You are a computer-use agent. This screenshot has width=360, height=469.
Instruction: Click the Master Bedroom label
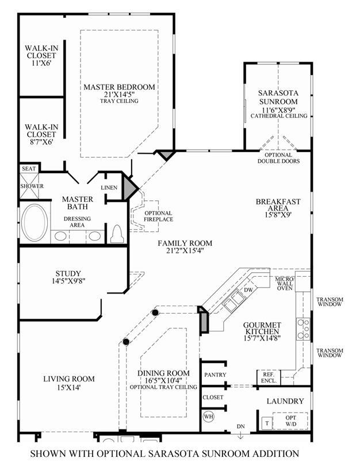coord(119,87)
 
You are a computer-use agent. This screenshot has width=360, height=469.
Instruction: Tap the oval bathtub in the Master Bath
coord(35,222)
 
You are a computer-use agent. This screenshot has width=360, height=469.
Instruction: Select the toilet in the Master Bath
coord(117,234)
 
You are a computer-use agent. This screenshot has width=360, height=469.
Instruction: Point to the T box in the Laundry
coord(267,423)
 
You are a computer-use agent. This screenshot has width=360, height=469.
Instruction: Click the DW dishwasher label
coord(248,290)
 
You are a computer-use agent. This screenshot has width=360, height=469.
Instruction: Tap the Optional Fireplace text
coord(158,216)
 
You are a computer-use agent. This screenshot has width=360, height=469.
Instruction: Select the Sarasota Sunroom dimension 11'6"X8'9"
coord(279,109)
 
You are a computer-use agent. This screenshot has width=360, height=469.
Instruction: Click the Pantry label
coord(215,375)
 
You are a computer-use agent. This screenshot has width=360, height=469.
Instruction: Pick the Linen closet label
coord(109,188)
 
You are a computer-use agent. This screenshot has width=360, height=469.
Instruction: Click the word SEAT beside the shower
coord(29,169)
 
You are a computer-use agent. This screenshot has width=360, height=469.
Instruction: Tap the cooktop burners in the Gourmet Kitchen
coord(303,329)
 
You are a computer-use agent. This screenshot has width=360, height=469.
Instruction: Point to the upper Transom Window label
coord(330,302)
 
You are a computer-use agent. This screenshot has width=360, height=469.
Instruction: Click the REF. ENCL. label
coord(269,378)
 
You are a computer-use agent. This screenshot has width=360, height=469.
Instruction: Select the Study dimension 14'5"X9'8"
coord(68,281)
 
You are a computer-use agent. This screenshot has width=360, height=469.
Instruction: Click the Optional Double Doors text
coord(279,158)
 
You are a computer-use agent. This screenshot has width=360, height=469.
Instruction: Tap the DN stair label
coord(241,426)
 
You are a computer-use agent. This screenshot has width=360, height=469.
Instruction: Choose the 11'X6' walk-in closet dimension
coord(41,63)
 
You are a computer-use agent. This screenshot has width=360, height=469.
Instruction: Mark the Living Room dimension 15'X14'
coord(69,388)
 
